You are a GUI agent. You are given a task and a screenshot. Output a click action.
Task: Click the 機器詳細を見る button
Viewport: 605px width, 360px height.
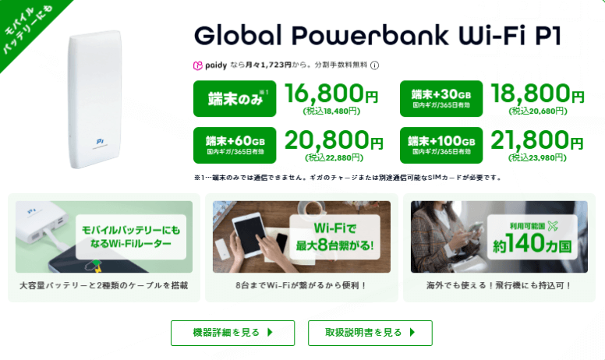click(x=232, y=333)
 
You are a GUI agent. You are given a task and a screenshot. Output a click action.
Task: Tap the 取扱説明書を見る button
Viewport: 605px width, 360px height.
click(x=370, y=333)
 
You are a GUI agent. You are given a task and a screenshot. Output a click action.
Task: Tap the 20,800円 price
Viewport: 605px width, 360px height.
click(x=331, y=140)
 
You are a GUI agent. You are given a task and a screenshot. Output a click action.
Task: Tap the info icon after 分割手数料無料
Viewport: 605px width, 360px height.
click(x=375, y=65)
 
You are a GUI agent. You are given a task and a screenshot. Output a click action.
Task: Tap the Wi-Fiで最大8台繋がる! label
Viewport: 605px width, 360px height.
click(x=337, y=237)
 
